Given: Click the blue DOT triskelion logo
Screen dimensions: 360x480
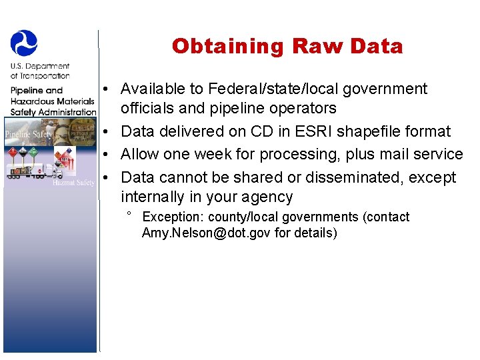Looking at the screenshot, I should (x=24, y=43).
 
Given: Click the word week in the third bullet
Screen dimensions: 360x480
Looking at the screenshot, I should (x=236, y=154).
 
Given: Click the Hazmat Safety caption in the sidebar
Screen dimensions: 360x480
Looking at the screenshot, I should (x=74, y=182).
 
